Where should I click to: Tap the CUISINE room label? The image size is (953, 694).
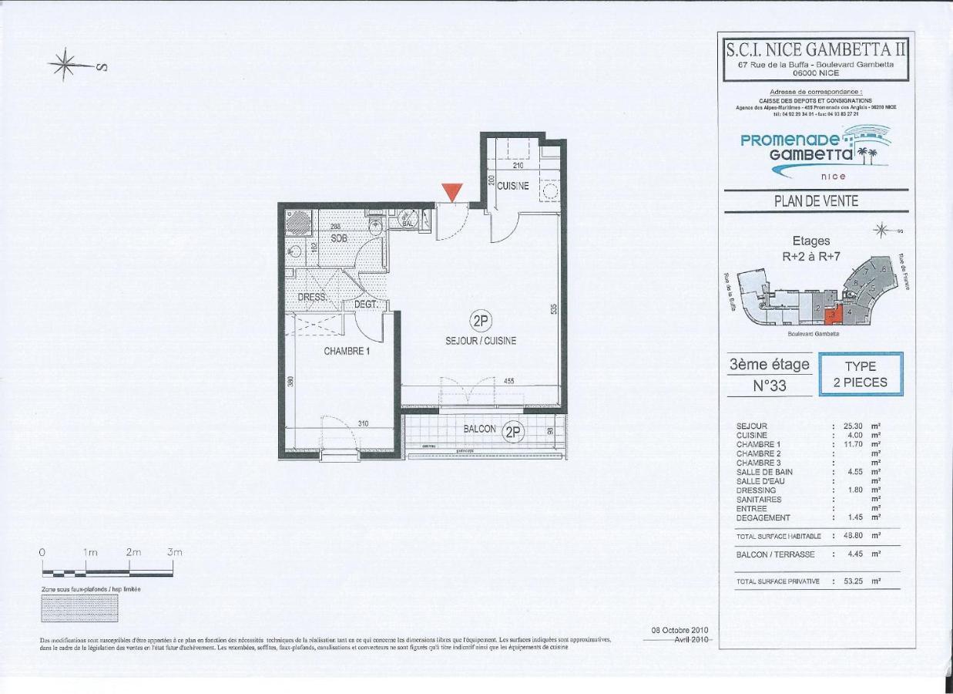[512, 186]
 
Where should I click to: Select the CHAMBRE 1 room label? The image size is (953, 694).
[347, 351]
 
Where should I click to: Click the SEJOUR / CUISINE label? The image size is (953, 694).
[481, 340]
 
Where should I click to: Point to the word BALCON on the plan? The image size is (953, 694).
[479, 429]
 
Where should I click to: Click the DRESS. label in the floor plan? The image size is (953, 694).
[312, 297]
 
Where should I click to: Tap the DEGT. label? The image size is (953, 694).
[365, 305]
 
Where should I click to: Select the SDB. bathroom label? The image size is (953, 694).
[339, 239]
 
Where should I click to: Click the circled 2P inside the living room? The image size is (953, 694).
[481, 321]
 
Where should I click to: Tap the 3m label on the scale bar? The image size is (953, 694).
[174, 552]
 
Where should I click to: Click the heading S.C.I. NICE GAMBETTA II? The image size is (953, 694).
[816, 49]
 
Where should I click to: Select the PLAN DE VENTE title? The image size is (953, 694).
[816, 201]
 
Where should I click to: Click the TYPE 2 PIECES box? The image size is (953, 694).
[861, 374]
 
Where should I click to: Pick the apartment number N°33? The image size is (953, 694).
[769, 385]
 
